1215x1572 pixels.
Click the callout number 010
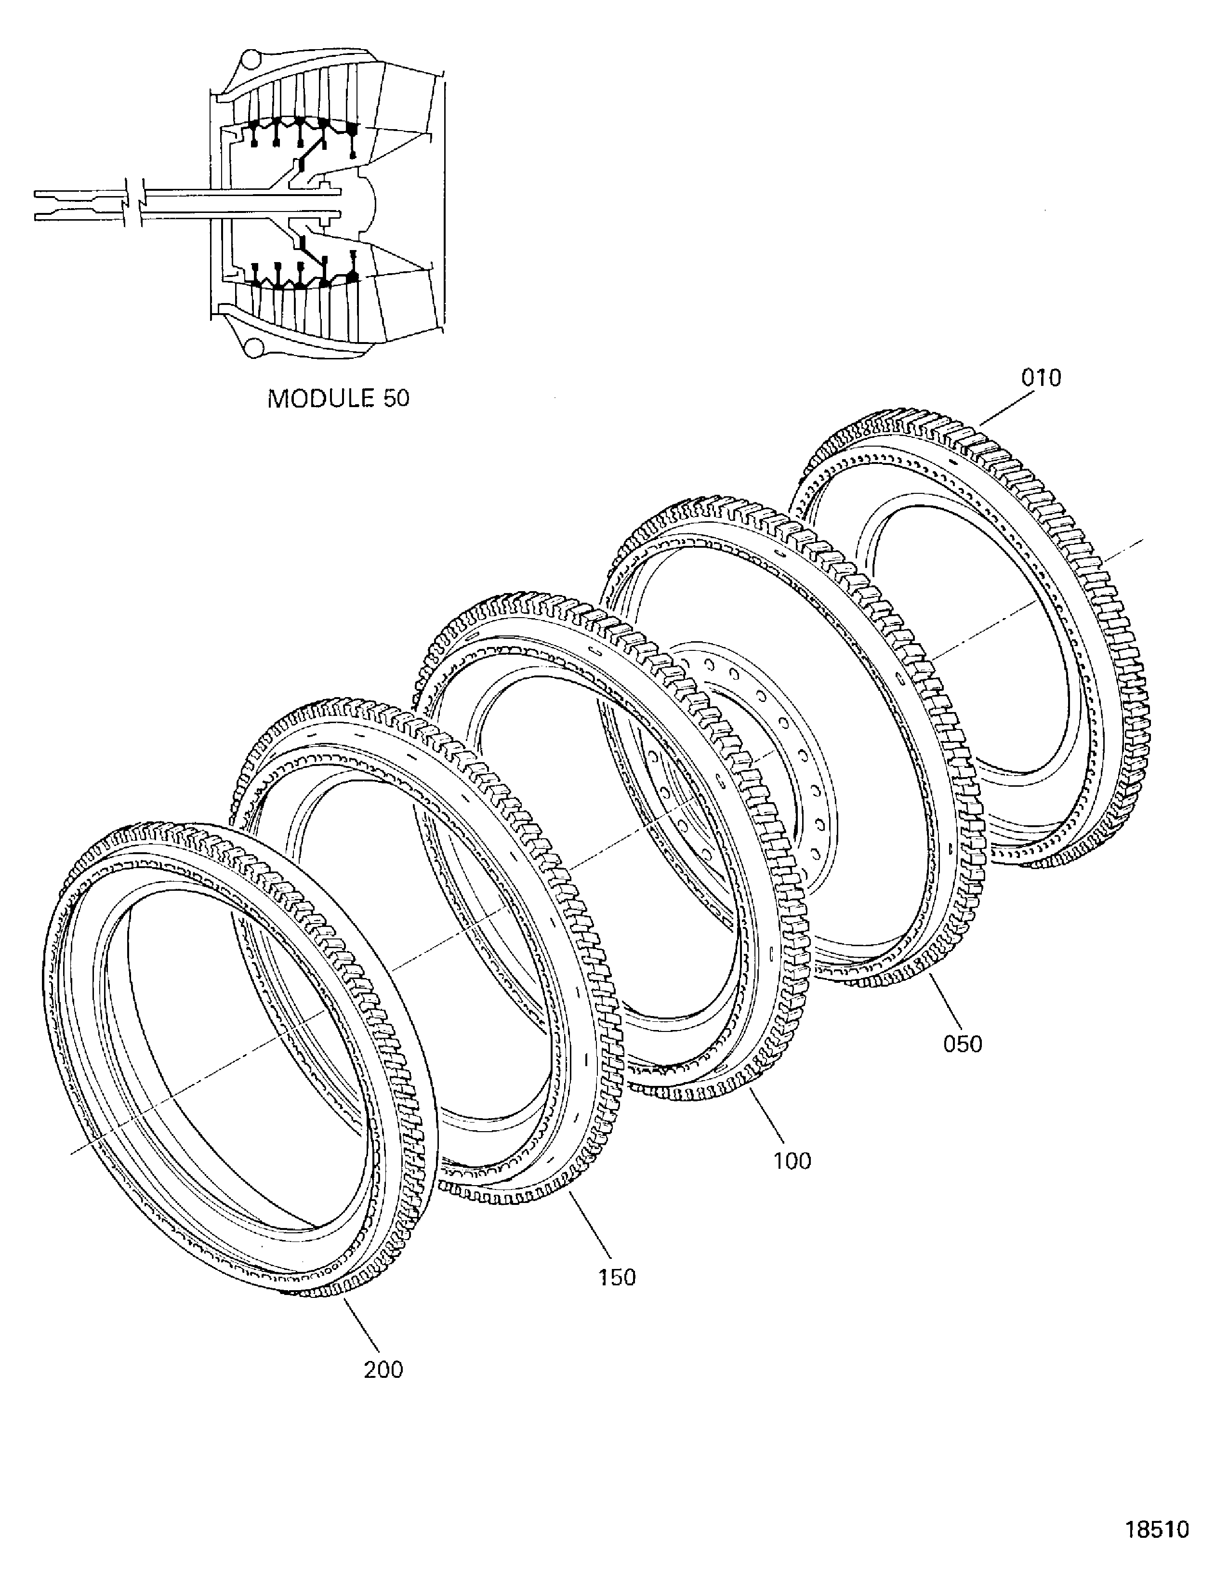point(1041,378)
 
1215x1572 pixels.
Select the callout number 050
point(963,1043)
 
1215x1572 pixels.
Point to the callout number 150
point(618,1278)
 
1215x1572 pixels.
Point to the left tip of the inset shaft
point(35,202)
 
